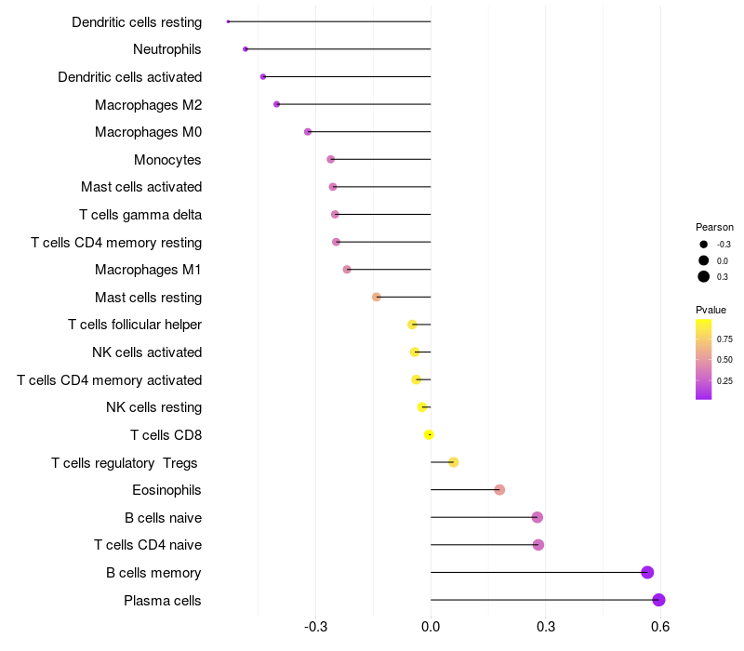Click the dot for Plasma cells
pyautogui.click(x=658, y=600)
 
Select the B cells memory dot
pyautogui.click(x=647, y=572)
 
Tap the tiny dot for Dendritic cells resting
pyautogui.click(x=228, y=21)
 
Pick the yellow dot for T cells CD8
pyautogui.click(x=429, y=434)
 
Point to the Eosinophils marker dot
pyautogui.click(x=499, y=490)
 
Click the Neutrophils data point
pyautogui.click(x=245, y=48)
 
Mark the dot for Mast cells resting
pyautogui.click(x=377, y=297)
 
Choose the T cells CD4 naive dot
pyautogui.click(x=538, y=545)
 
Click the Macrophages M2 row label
pyautogui.click(x=148, y=104)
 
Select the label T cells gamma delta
pyautogui.click(x=140, y=215)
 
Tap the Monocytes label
pyautogui.click(x=167, y=160)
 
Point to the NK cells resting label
pyautogui.click(x=153, y=407)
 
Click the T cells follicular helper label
pyautogui.click(x=135, y=325)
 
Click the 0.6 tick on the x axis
pyautogui.click(x=660, y=627)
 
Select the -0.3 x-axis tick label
pyautogui.click(x=315, y=627)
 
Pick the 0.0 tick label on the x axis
pyautogui.click(x=431, y=627)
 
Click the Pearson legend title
pyautogui.click(x=714, y=227)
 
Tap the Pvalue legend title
pyautogui.click(x=711, y=310)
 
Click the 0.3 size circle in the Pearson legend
pyautogui.click(x=704, y=276)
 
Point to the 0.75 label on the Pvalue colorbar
pyautogui.click(x=724, y=339)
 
